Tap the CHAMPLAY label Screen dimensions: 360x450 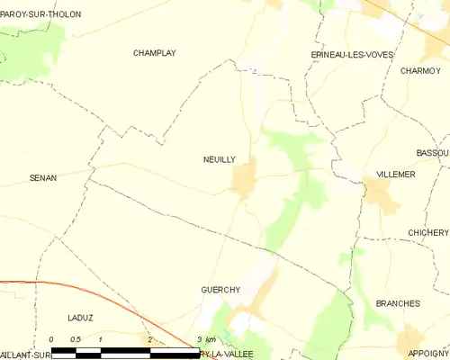(154, 53)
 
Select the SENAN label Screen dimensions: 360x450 (43, 178)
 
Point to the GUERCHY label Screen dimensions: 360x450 (220, 290)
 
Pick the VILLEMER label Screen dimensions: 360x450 (396, 175)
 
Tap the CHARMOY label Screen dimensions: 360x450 (419, 70)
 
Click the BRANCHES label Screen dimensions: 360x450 (398, 303)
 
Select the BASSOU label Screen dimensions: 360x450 (433, 153)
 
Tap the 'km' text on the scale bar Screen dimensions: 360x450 (211, 339)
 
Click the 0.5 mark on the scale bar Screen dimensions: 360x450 (76, 339)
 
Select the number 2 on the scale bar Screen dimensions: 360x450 (149, 339)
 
